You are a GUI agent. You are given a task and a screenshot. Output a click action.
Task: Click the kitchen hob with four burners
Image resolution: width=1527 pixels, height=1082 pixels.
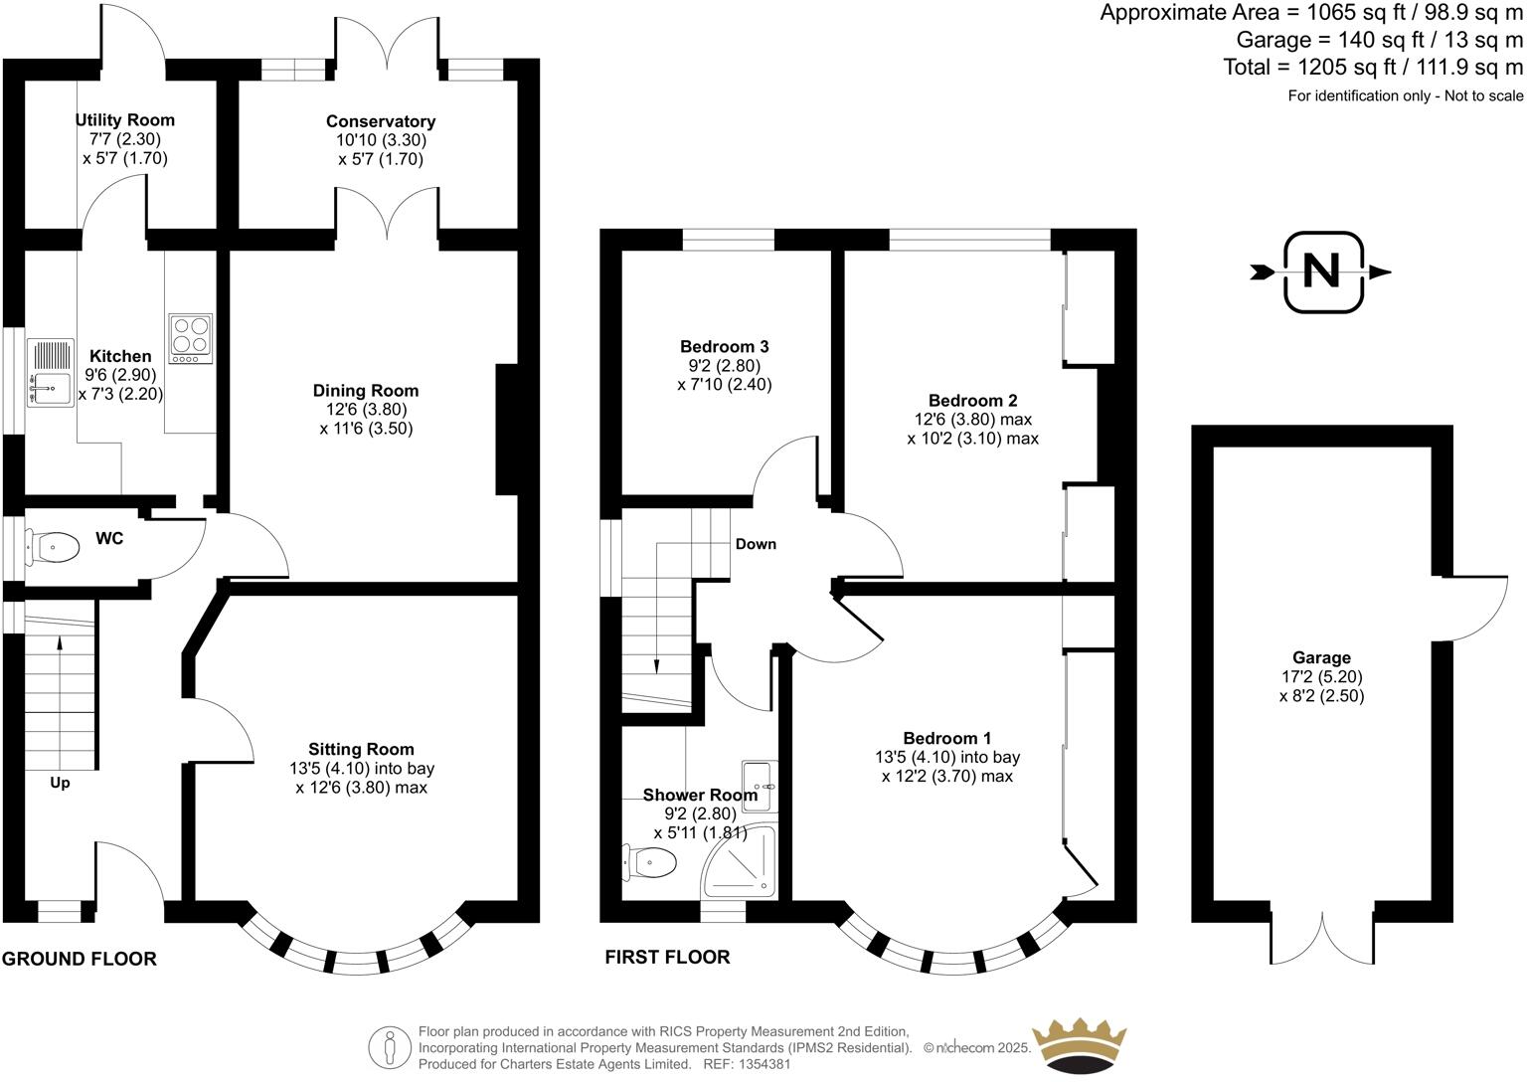(190, 338)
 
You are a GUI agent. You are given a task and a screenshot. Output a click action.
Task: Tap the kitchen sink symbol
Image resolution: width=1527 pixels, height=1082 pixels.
(48, 373)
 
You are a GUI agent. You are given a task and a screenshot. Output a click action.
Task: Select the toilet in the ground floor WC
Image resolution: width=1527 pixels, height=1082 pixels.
(58, 545)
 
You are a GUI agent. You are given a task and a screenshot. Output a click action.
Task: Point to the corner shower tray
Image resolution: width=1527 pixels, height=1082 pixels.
(741, 861)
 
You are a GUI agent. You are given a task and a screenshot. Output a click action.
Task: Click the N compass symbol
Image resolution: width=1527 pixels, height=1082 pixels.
(1321, 271)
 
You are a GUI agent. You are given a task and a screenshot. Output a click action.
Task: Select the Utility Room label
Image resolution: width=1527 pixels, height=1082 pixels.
(125, 120)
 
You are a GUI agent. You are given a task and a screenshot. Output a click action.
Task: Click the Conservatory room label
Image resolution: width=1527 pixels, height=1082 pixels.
(381, 121)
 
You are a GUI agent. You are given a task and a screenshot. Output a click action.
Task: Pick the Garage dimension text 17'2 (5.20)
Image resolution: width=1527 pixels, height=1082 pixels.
(1321, 676)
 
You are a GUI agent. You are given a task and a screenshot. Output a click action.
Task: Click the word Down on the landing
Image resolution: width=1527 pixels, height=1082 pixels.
(756, 544)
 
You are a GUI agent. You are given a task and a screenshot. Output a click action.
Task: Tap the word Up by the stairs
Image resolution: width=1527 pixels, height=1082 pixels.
(60, 783)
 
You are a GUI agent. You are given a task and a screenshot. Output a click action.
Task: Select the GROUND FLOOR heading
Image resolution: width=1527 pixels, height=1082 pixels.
(80, 959)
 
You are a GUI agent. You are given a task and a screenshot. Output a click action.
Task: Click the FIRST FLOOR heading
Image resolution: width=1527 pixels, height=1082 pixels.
(667, 957)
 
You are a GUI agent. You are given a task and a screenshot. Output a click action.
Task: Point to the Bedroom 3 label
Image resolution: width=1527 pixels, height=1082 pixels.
(724, 346)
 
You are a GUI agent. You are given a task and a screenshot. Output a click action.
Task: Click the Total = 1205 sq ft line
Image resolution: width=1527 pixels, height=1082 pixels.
(1372, 68)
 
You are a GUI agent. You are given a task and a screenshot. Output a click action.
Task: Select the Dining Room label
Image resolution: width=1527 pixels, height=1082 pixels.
(366, 391)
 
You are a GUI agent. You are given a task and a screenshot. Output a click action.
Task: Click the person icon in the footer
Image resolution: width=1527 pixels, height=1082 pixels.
(391, 1047)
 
